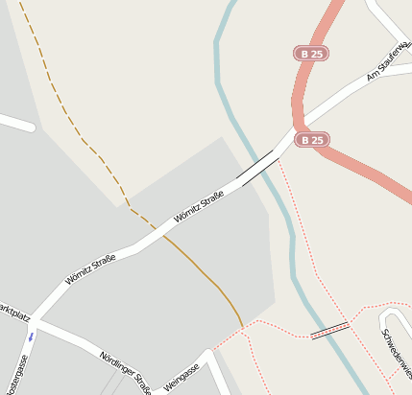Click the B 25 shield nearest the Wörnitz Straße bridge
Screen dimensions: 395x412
click(x=311, y=139)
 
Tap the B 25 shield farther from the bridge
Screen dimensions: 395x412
click(x=310, y=54)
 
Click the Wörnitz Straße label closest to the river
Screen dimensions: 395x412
click(x=199, y=208)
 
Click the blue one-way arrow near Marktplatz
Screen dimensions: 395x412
click(x=31, y=337)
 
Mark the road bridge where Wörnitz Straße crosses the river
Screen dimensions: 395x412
click(x=259, y=168)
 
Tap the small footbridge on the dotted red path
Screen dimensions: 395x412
click(x=329, y=331)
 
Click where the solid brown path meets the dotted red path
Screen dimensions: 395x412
click(x=243, y=326)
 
